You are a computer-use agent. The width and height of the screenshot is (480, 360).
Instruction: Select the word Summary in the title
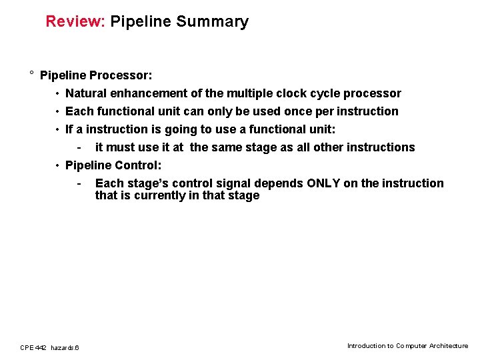[212, 22]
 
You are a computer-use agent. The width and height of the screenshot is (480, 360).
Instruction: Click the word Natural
[87, 93]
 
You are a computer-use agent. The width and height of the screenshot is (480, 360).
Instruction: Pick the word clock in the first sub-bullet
[285, 93]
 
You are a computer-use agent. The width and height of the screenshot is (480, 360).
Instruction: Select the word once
[297, 111]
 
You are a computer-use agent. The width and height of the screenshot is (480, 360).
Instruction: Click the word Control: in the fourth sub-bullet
[138, 165]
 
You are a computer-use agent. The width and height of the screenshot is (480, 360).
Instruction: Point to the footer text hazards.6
[65, 347]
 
